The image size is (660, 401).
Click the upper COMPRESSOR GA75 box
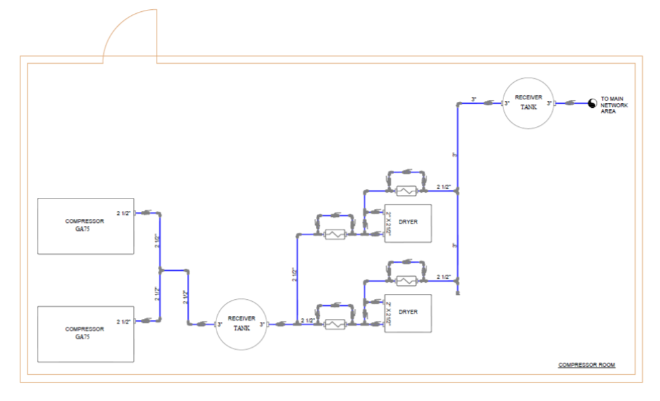pyautogui.click(x=86, y=225)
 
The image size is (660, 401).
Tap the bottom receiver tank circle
pyautogui.click(x=241, y=323)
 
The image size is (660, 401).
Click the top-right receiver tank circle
pyautogui.click(x=528, y=103)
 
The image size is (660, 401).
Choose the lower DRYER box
pyautogui.click(x=407, y=314)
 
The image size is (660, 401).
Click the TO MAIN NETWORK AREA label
pyautogui.click(x=616, y=105)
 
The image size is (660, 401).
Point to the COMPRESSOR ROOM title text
pyautogui.click(x=586, y=365)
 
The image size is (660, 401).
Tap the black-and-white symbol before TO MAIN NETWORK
pyautogui.click(x=591, y=103)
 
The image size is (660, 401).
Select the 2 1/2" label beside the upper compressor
pyautogui.click(x=124, y=213)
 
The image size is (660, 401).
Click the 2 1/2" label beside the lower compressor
pyautogui.click(x=124, y=321)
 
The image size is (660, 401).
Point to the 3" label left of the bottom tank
pyautogui.click(x=219, y=324)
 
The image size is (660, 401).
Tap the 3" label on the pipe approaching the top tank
pyautogui.click(x=474, y=99)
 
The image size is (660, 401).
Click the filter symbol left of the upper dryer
pyautogui.click(x=336, y=235)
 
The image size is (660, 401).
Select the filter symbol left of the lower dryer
pyautogui.click(x=336, y=324)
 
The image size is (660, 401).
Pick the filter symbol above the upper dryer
pyautogui.click(x=407, y=191)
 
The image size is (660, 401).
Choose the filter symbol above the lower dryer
pyautogui.click(x=407, y=281)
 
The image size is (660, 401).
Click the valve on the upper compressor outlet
pyautogui.click(x=146, y=213)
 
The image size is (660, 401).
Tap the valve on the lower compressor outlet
pyautogui.click(x=146, y=321)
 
